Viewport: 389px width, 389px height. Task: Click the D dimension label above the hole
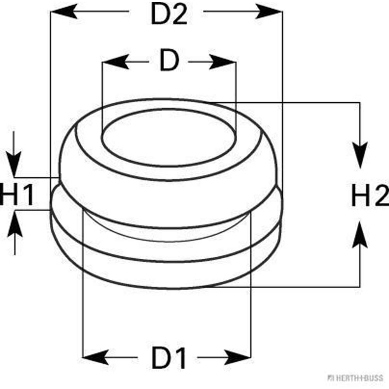[169, 61]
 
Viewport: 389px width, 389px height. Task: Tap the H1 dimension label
[17, 195]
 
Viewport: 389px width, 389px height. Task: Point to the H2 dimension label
[370, 196]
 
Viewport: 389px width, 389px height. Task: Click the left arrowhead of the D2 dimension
[62, 12]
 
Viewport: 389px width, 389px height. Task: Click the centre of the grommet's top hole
[169, 137]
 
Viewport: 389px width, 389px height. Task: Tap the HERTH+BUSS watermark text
[356, 378]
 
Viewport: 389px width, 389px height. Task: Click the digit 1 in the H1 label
[28, 195]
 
